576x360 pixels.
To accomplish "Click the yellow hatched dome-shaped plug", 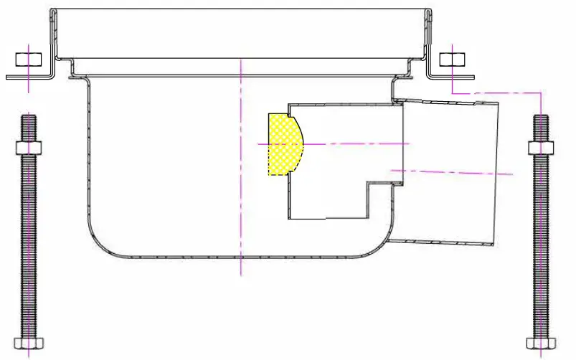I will point(283,144).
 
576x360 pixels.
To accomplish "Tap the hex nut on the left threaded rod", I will point(28,148).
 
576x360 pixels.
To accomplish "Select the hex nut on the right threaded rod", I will point(542,148).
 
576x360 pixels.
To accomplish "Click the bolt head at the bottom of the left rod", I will point(28,341).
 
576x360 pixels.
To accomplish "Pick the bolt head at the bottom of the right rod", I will point(542,341).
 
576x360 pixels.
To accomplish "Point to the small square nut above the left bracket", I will point(28,58).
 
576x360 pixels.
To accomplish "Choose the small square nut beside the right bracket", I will point(453,58).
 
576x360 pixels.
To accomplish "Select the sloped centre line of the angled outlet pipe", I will point(459,172).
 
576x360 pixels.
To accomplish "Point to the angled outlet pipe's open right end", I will point(496,172).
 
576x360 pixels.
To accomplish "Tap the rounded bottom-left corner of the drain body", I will point(98,240).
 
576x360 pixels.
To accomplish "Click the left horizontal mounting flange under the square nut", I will point(29,76).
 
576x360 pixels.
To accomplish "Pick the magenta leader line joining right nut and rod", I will point(502,93).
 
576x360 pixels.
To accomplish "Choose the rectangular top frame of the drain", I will point(241,32).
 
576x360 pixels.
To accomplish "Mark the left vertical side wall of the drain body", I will point(87,158).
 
